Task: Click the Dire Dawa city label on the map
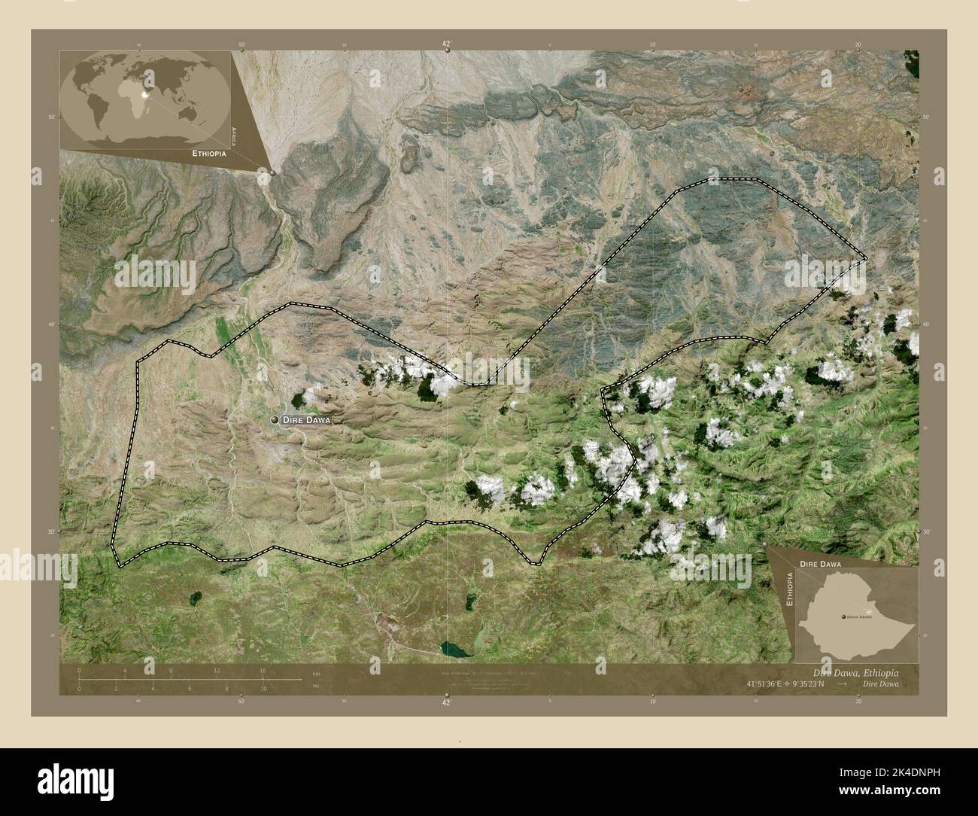click(305, 420)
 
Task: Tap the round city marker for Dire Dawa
click(275, 419)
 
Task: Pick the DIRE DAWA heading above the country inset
click(821, 562)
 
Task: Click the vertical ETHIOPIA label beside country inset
click(789, 589)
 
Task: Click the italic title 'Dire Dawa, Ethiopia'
click(855, 672)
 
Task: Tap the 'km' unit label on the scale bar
click(305, 673)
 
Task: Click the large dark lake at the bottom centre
click(453, 648)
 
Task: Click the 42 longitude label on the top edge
click(446, 44)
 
